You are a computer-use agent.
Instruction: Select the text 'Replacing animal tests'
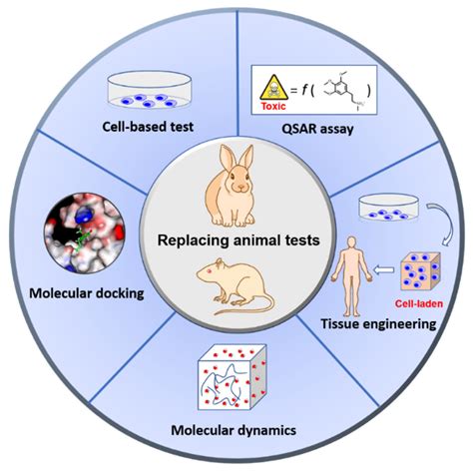tap(236, 240)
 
